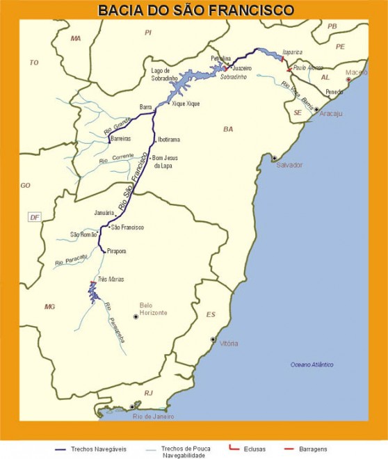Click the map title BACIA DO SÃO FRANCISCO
[x=195, y=10]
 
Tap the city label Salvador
[x=289, y=165]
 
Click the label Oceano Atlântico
[x=312, y=364]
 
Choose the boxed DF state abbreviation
[x=34, y=217]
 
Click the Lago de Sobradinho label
[x=165, y=75]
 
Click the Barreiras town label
[x=120, y=139]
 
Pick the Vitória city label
[x=228, y=344]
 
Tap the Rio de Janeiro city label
[x=153, y=416]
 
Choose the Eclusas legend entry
[x=251, y=449]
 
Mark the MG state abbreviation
[x=49, y=306]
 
